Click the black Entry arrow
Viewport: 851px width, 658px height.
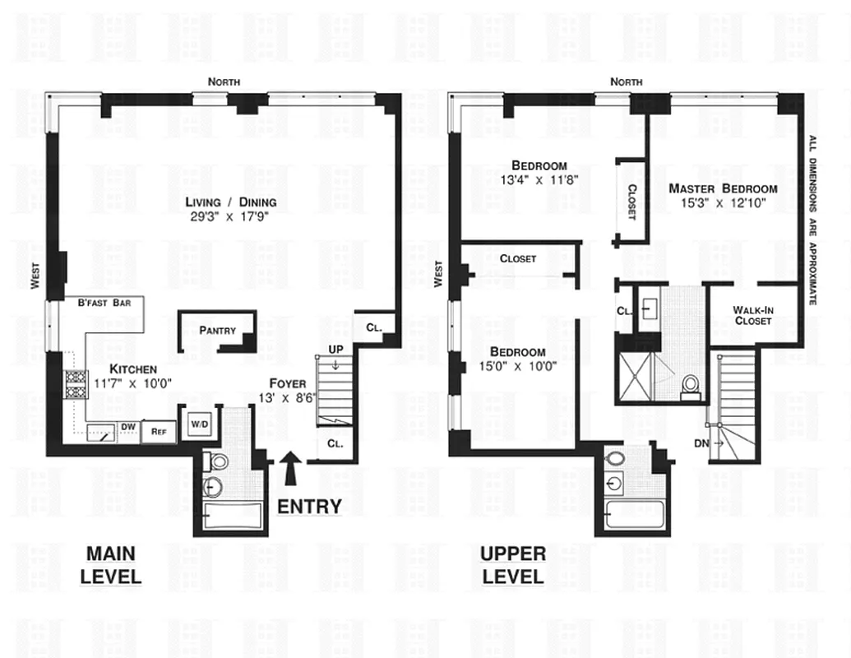(289, 472)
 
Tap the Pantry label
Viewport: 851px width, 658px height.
(217, 331)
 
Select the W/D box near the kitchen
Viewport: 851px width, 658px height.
(200, 424)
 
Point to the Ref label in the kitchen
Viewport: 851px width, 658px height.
(157, 431)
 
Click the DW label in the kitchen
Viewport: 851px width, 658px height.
(128, 426)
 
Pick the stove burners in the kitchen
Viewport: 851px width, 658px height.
(76, 384)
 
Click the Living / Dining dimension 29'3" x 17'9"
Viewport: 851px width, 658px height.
(230, 217)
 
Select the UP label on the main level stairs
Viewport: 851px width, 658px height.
(334, 350)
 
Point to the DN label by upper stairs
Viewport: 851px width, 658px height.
(701, 443)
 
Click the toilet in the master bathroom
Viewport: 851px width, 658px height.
(690, 385)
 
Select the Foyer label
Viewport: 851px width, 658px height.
(288, 383)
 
